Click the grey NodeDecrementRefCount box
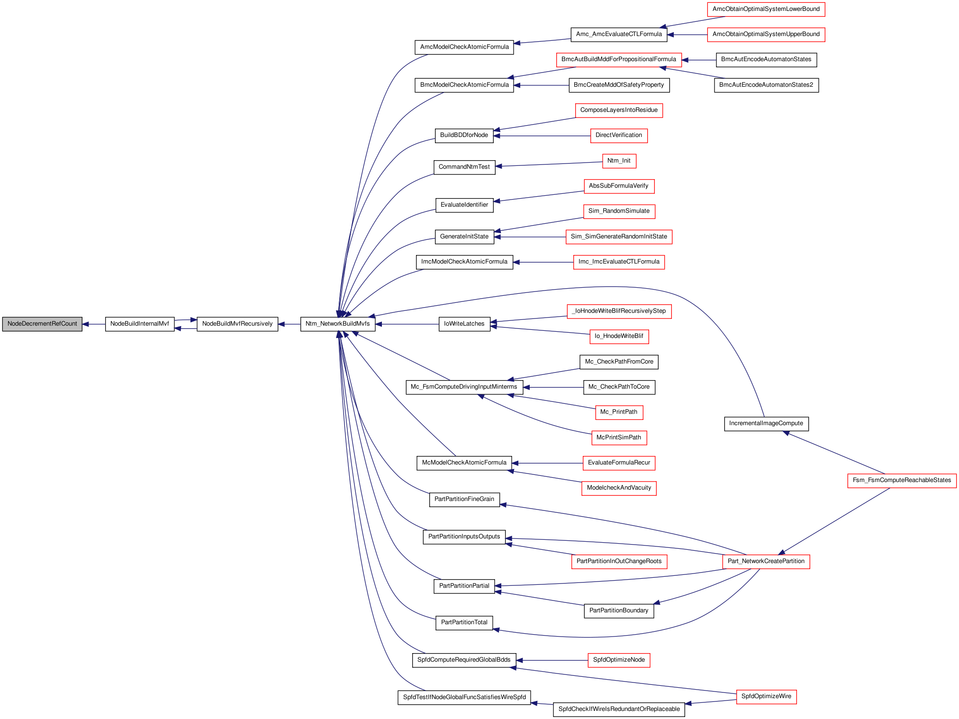point(42,324)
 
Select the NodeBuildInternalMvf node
point(140,324)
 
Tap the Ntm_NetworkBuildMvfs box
point(338,324)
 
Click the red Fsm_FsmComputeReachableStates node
point(902,481)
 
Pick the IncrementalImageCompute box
point(766,424)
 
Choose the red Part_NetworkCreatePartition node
point(766,562)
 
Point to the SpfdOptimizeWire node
point(766,697)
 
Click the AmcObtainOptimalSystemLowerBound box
point(766,9)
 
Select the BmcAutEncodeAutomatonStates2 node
point(766,85)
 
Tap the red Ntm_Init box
point(619,161)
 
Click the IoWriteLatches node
point(464,324)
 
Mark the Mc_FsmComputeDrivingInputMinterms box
point(464,387)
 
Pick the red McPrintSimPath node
point(619,438)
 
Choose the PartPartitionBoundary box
point(619,611)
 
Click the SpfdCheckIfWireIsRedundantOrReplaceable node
point(619,710)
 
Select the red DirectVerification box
point(619,136)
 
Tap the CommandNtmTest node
point(464,167)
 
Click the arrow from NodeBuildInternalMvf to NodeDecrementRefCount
point(94,324)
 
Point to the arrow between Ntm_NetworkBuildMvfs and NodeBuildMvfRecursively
point(289,324)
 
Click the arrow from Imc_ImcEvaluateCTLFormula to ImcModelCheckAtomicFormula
point(543,262)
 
